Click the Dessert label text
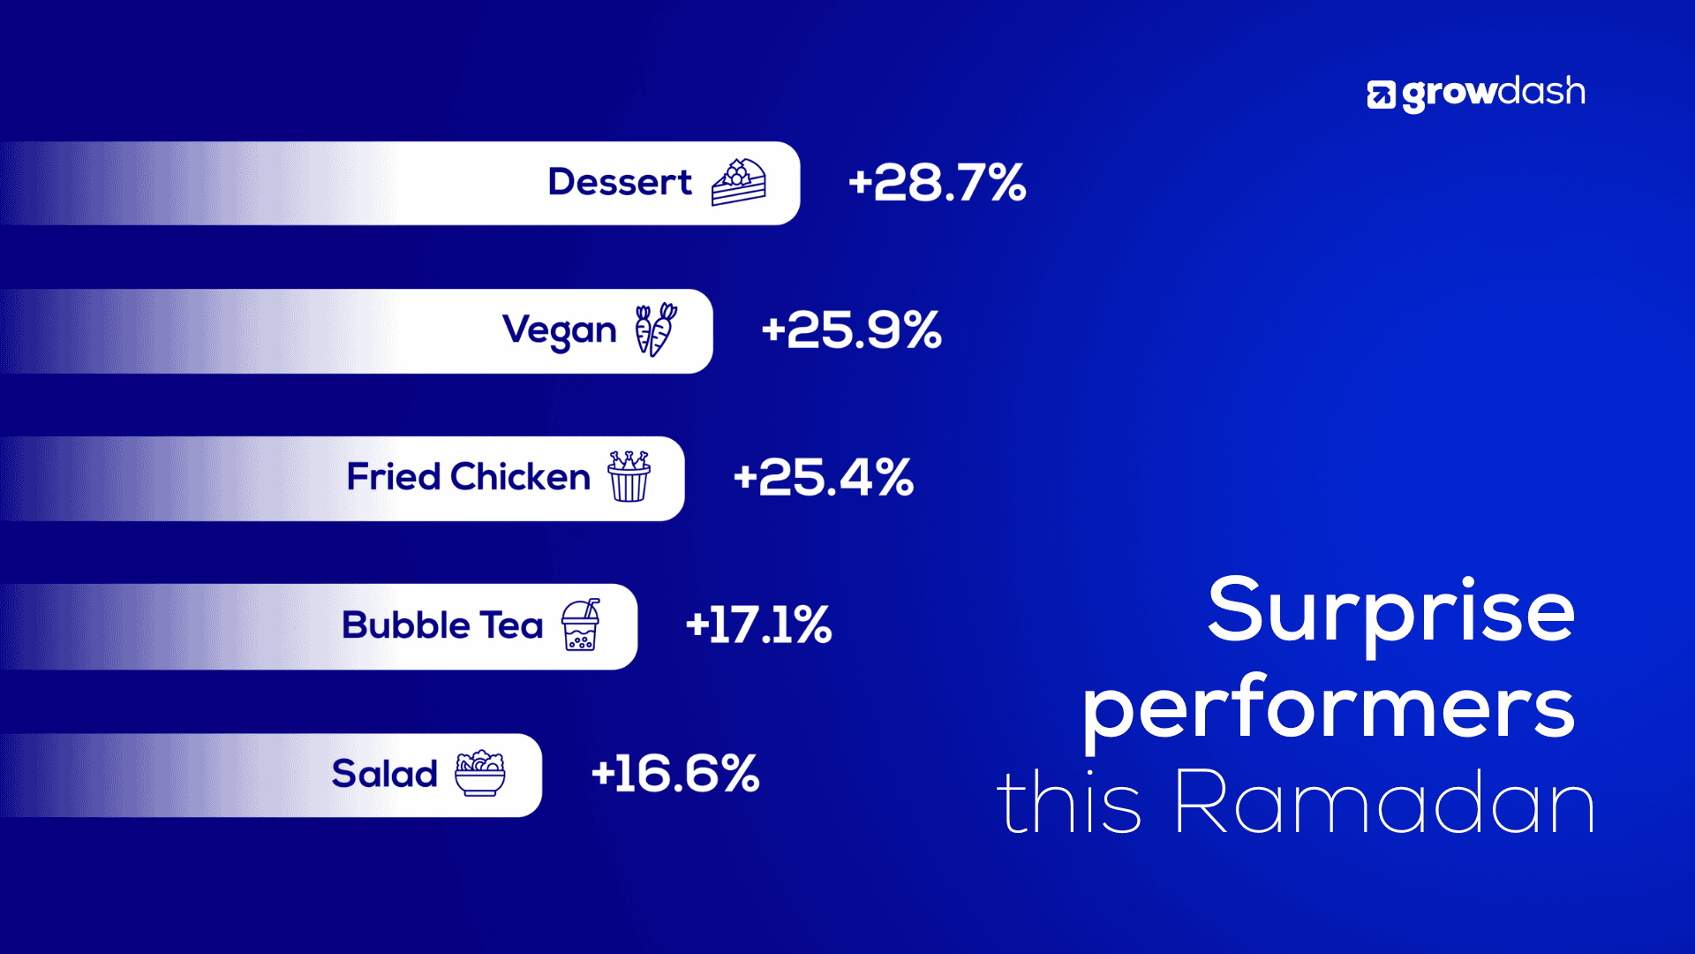(620, 182)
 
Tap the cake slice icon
(739, 182)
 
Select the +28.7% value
(937, 183)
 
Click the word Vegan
(560, 331)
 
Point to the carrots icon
(656, 329)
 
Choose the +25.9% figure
(851, 330)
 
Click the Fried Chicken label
(469, 477)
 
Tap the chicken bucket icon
(629, 476)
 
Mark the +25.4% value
(823, 478)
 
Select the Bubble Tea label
(442, 625)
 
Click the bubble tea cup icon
(581, 625)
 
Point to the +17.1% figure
(758, 625)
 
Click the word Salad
(384, 774)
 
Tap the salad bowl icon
(480, 773)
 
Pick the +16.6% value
(674, 774)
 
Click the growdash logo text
(1494, 93)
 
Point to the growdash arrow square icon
(1382, 95)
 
